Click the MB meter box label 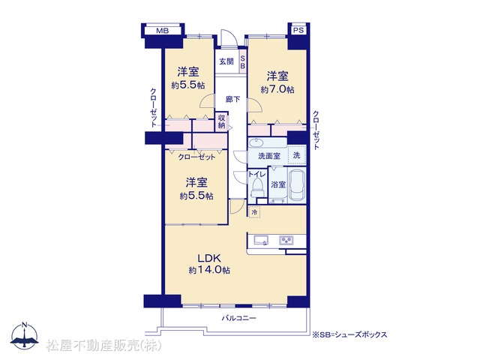(x=162, y=31)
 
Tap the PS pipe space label (x=298, y=30)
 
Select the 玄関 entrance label (x=226, y=61)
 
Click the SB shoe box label (x=242, y=62)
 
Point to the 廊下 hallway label (x=233, y=99)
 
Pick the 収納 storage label (x=222, y=121)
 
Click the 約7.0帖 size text (x=277, y=89)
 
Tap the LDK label (x=209, y=258)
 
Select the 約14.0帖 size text (x=209, y=270)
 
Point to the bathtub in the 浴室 (x=297, y=185)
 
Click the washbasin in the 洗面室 (x=256, y=142)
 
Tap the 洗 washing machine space (x=297, y=155)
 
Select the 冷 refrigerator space (x=254, y=211)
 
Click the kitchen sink (x=259, y=240)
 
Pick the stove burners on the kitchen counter (x=286, y=240)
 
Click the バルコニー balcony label (x=238, y=318)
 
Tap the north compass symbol (x=25, y=335)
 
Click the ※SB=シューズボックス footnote (x=349, y=334)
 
